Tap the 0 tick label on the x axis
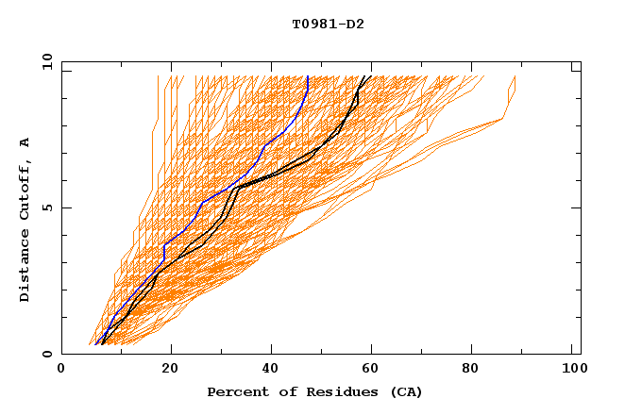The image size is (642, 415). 61,371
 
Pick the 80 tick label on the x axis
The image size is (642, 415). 478,371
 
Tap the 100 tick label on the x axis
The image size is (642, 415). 573,371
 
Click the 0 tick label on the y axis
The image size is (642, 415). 46,354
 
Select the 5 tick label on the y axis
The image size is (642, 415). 46,207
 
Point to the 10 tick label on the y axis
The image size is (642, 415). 43,61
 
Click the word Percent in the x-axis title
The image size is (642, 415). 236,392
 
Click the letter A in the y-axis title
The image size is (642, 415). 25,141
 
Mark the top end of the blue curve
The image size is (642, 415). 308,76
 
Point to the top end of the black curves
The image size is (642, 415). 370,76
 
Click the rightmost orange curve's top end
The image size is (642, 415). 515,76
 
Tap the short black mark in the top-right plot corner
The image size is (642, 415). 575,71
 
